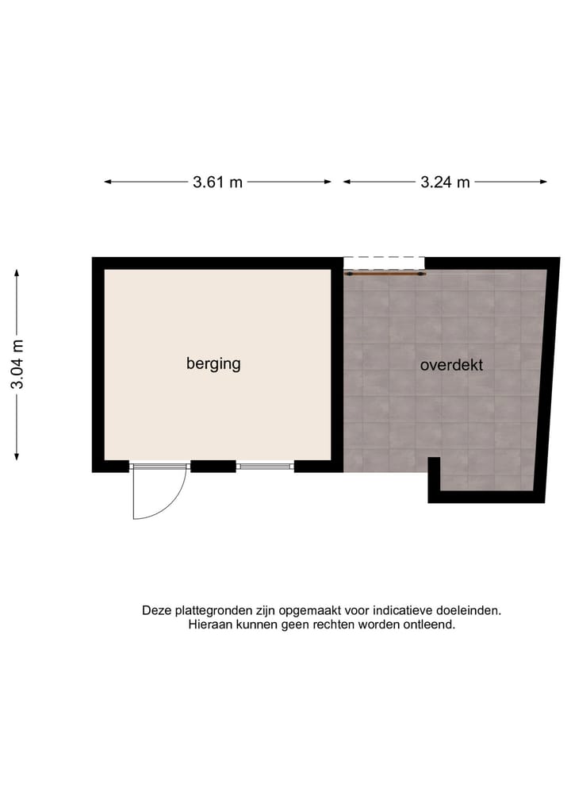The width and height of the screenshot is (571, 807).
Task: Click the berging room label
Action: [x=213, y=364]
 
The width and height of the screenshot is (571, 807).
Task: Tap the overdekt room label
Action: [x=451, y=366]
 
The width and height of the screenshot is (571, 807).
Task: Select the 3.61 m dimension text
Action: [x=217, y=183]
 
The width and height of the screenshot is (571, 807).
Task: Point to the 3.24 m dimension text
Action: [x=445, y=183]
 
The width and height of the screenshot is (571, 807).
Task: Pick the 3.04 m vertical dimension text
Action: [x=17, y=364]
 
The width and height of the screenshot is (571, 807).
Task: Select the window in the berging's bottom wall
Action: [x=265, y=467]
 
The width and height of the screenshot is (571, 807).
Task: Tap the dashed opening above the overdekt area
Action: [x=384, y=262]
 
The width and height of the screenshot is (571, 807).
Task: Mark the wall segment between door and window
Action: [x=213, y=467]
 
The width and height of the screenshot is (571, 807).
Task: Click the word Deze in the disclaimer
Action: [x=156, y=611]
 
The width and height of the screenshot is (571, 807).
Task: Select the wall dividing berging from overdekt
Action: [x=337, y=365]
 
